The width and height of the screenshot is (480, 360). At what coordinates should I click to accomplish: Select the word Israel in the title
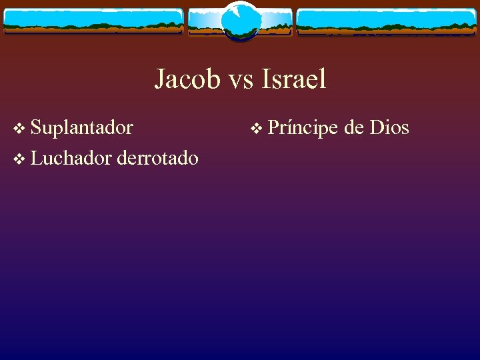coord(294,79)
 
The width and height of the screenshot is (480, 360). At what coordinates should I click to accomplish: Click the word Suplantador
coord(82,127)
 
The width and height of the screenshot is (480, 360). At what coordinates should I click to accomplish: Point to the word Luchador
coord(71,158)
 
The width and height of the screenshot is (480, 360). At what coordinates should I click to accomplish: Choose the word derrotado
coord(157,158)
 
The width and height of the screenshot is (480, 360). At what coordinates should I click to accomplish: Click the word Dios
coord(389,127)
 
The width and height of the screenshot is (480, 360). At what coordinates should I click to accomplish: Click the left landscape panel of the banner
coord(93,21)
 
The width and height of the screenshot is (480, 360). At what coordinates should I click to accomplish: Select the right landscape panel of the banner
coord(387,21)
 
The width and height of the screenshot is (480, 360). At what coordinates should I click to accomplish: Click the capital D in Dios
coord(376,127)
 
